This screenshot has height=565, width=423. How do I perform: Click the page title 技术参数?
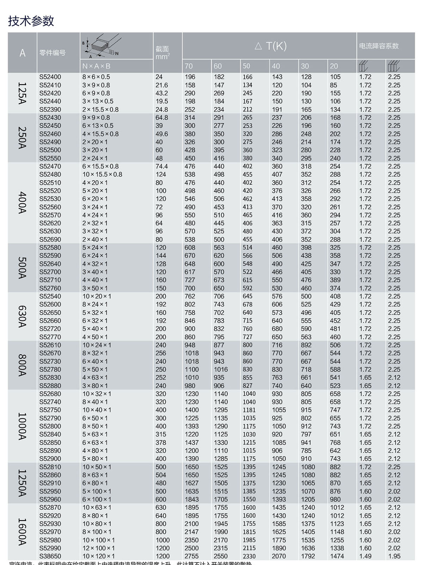(x=31, y=21)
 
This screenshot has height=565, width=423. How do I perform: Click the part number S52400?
(x=50, y=77)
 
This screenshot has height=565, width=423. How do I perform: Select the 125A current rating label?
(x=22, y=93)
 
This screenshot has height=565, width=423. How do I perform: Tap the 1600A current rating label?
(x=22, y=531)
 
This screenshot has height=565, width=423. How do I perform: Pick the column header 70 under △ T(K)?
(x=189, y=66)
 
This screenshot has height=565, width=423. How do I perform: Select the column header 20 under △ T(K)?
(x=334, y=66)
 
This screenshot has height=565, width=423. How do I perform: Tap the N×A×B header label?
(x=96, y=66)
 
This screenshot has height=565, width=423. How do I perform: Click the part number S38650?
(x=50, y=556)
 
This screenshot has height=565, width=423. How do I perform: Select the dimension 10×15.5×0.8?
(x=102, y=174)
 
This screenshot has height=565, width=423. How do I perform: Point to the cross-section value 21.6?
(x=161, y=85)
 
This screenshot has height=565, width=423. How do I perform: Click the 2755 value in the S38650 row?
(x=191, y=556)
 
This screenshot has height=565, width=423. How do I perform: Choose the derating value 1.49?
(x=365, y=556)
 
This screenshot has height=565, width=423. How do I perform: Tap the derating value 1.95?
(x=394, y=556)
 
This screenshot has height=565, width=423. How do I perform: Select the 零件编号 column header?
(x=53, y=53)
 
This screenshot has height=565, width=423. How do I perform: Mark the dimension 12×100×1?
(x=98, y=548)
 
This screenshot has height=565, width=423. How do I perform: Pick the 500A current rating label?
(x=22, y=268)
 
